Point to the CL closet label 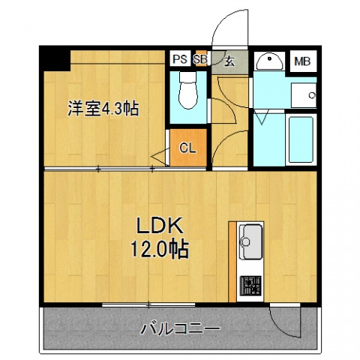click(187, 148)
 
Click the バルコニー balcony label click(181, 328)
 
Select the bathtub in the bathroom click(300, 140)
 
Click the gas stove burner click(250, 286)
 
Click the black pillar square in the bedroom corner click(55, 58)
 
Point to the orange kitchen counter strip click(233, 259)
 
